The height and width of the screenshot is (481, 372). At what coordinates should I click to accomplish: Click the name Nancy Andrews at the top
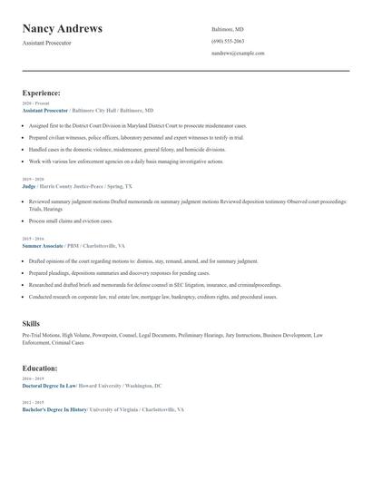point(63,28)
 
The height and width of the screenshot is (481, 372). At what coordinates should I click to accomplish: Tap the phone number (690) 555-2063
point(228,41)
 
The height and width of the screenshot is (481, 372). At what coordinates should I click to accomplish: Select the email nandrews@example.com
point(238,53)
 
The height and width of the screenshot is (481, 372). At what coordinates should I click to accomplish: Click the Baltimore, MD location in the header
point(228,29)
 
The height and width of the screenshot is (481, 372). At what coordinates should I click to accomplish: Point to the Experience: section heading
point(42,93)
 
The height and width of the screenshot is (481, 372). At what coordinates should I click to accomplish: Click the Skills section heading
point(31,323)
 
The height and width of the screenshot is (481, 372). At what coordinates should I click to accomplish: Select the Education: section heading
point(40,368)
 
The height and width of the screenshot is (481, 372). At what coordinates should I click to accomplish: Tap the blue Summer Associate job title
point(44,245)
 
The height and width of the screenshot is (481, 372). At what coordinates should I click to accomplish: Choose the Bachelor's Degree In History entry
point(54,409)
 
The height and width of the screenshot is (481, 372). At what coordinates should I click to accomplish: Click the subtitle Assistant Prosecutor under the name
point(47,43)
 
